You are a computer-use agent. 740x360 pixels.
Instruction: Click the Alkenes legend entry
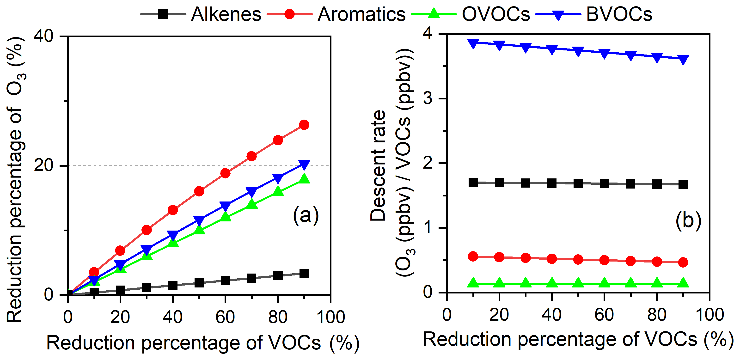226,14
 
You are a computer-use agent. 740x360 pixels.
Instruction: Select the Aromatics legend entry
361,14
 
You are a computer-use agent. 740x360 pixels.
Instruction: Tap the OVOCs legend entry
495,14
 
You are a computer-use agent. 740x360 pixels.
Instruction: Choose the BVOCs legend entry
619,14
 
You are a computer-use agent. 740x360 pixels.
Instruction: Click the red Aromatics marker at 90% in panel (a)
304,125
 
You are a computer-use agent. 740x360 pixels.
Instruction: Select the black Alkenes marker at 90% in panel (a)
304,273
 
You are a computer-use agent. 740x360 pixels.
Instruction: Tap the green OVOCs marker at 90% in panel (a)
304,179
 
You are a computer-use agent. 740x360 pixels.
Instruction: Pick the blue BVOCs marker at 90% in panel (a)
304,164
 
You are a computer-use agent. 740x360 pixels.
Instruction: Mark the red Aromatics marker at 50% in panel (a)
199,191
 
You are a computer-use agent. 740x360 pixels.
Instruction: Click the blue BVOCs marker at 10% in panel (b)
473,43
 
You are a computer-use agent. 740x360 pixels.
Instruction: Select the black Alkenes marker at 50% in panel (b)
578,183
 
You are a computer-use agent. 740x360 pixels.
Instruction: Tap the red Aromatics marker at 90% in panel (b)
683,262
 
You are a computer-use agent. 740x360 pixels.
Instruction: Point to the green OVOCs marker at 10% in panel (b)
473,283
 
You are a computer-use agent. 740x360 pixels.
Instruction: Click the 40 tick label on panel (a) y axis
44,36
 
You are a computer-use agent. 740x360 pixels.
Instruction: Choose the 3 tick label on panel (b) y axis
428,98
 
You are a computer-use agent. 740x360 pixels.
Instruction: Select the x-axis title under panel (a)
203,343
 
